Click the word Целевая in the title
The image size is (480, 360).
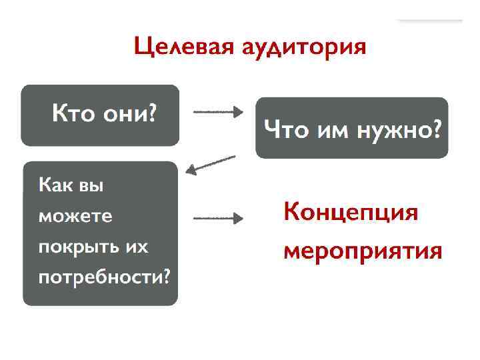click(176, 47)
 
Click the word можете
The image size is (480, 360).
click(75, 217)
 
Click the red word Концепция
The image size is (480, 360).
click(351, 213)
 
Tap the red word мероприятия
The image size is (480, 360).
click(363, 252)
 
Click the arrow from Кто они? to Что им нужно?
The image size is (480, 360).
click(218, 112)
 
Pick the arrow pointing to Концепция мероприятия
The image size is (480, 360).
click(218, 218)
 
